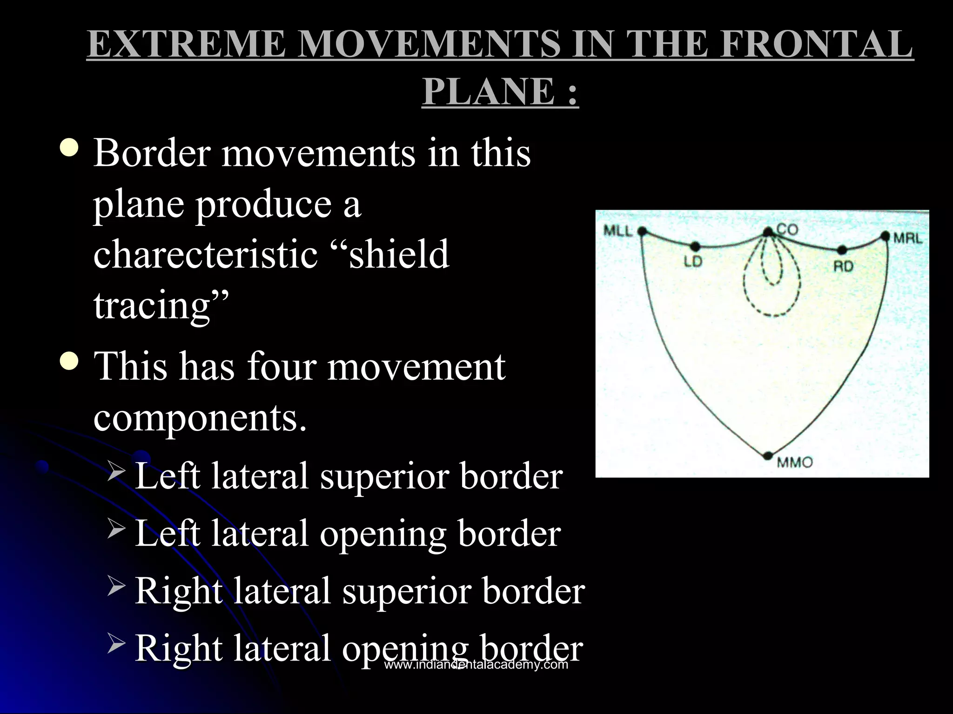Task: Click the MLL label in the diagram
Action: click(x=618, y=231)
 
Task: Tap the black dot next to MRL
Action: click(x=886, y=236)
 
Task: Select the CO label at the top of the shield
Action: click(x=787, y=229)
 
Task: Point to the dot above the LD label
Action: click(x=695, y=246)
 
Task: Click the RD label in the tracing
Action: click(x=843, y=267)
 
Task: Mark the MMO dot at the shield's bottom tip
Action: click(x=768, y=456)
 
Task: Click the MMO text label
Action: click(x=795, y=463)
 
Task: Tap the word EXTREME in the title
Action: click(x=186, y=44)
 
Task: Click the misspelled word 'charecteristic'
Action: click(x=205, y=254)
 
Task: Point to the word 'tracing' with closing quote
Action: click(x=161, y=305)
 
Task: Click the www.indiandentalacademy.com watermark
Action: click(x=476, y=665)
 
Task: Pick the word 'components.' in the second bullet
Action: click(x=200, y=417)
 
